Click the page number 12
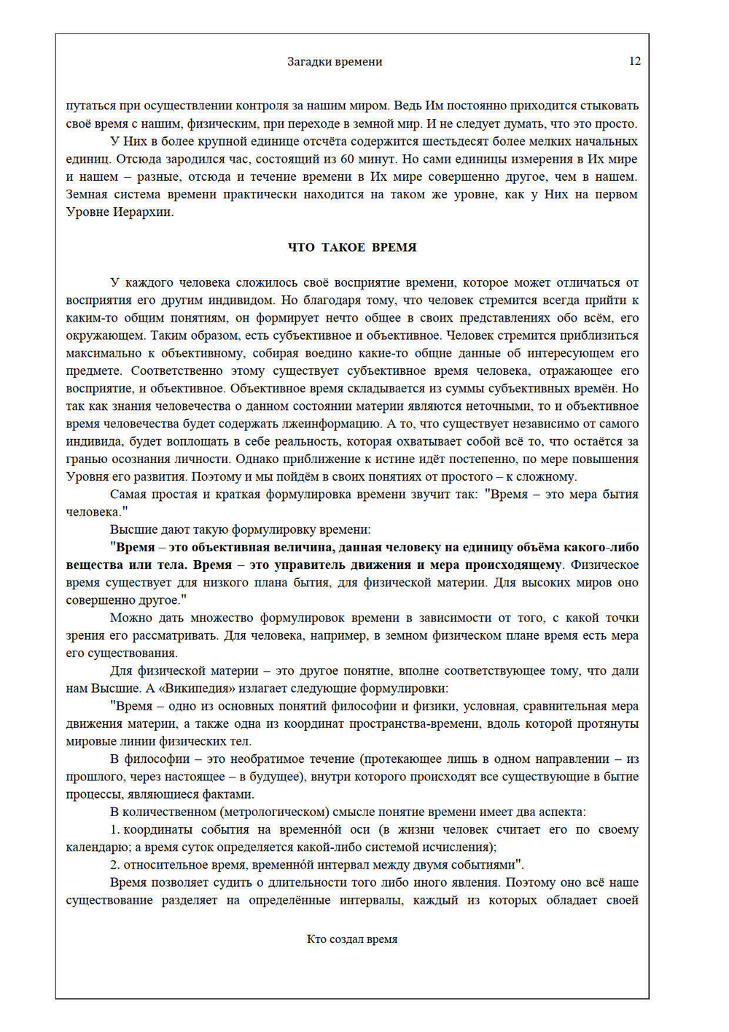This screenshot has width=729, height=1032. point(634,61)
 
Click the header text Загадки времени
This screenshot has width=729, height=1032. point(335,62)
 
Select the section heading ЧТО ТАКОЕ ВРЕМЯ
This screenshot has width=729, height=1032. point(352,247)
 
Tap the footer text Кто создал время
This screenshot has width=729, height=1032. point(352,939)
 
